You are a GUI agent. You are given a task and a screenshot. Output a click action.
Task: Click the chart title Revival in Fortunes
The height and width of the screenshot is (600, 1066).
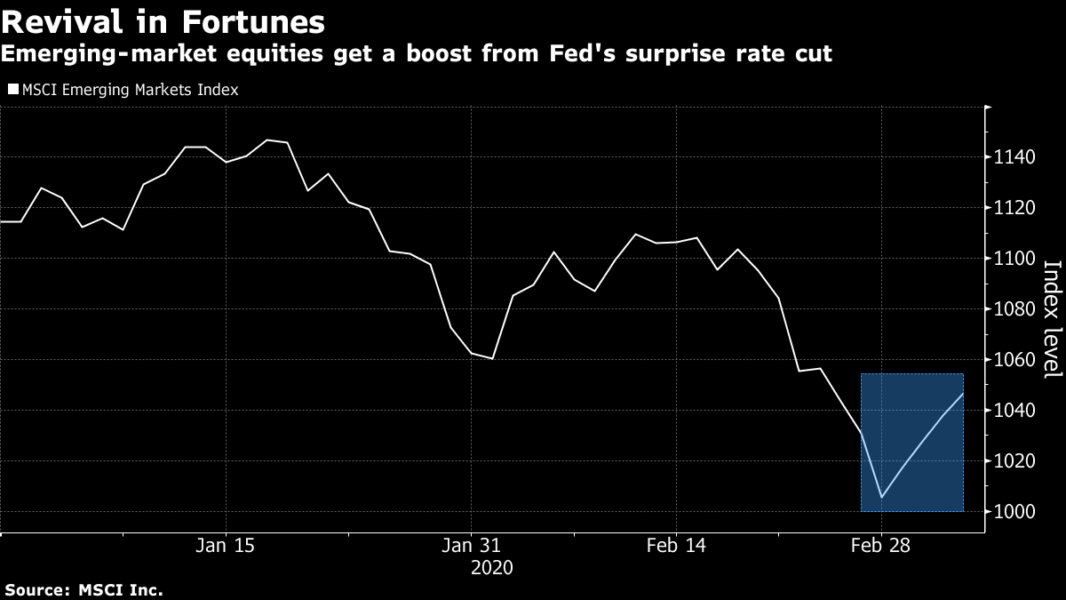163,21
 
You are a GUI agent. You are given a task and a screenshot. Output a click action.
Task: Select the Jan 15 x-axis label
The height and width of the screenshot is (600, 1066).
225,546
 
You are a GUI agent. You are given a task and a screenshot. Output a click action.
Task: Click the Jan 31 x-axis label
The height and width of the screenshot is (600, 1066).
470,546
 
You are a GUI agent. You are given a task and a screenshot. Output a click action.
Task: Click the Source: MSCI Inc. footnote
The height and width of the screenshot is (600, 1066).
84,589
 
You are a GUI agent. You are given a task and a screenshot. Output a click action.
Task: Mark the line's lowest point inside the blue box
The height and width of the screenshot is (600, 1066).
880,497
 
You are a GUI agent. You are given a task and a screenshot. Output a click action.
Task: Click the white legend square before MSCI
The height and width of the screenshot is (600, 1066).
12,90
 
